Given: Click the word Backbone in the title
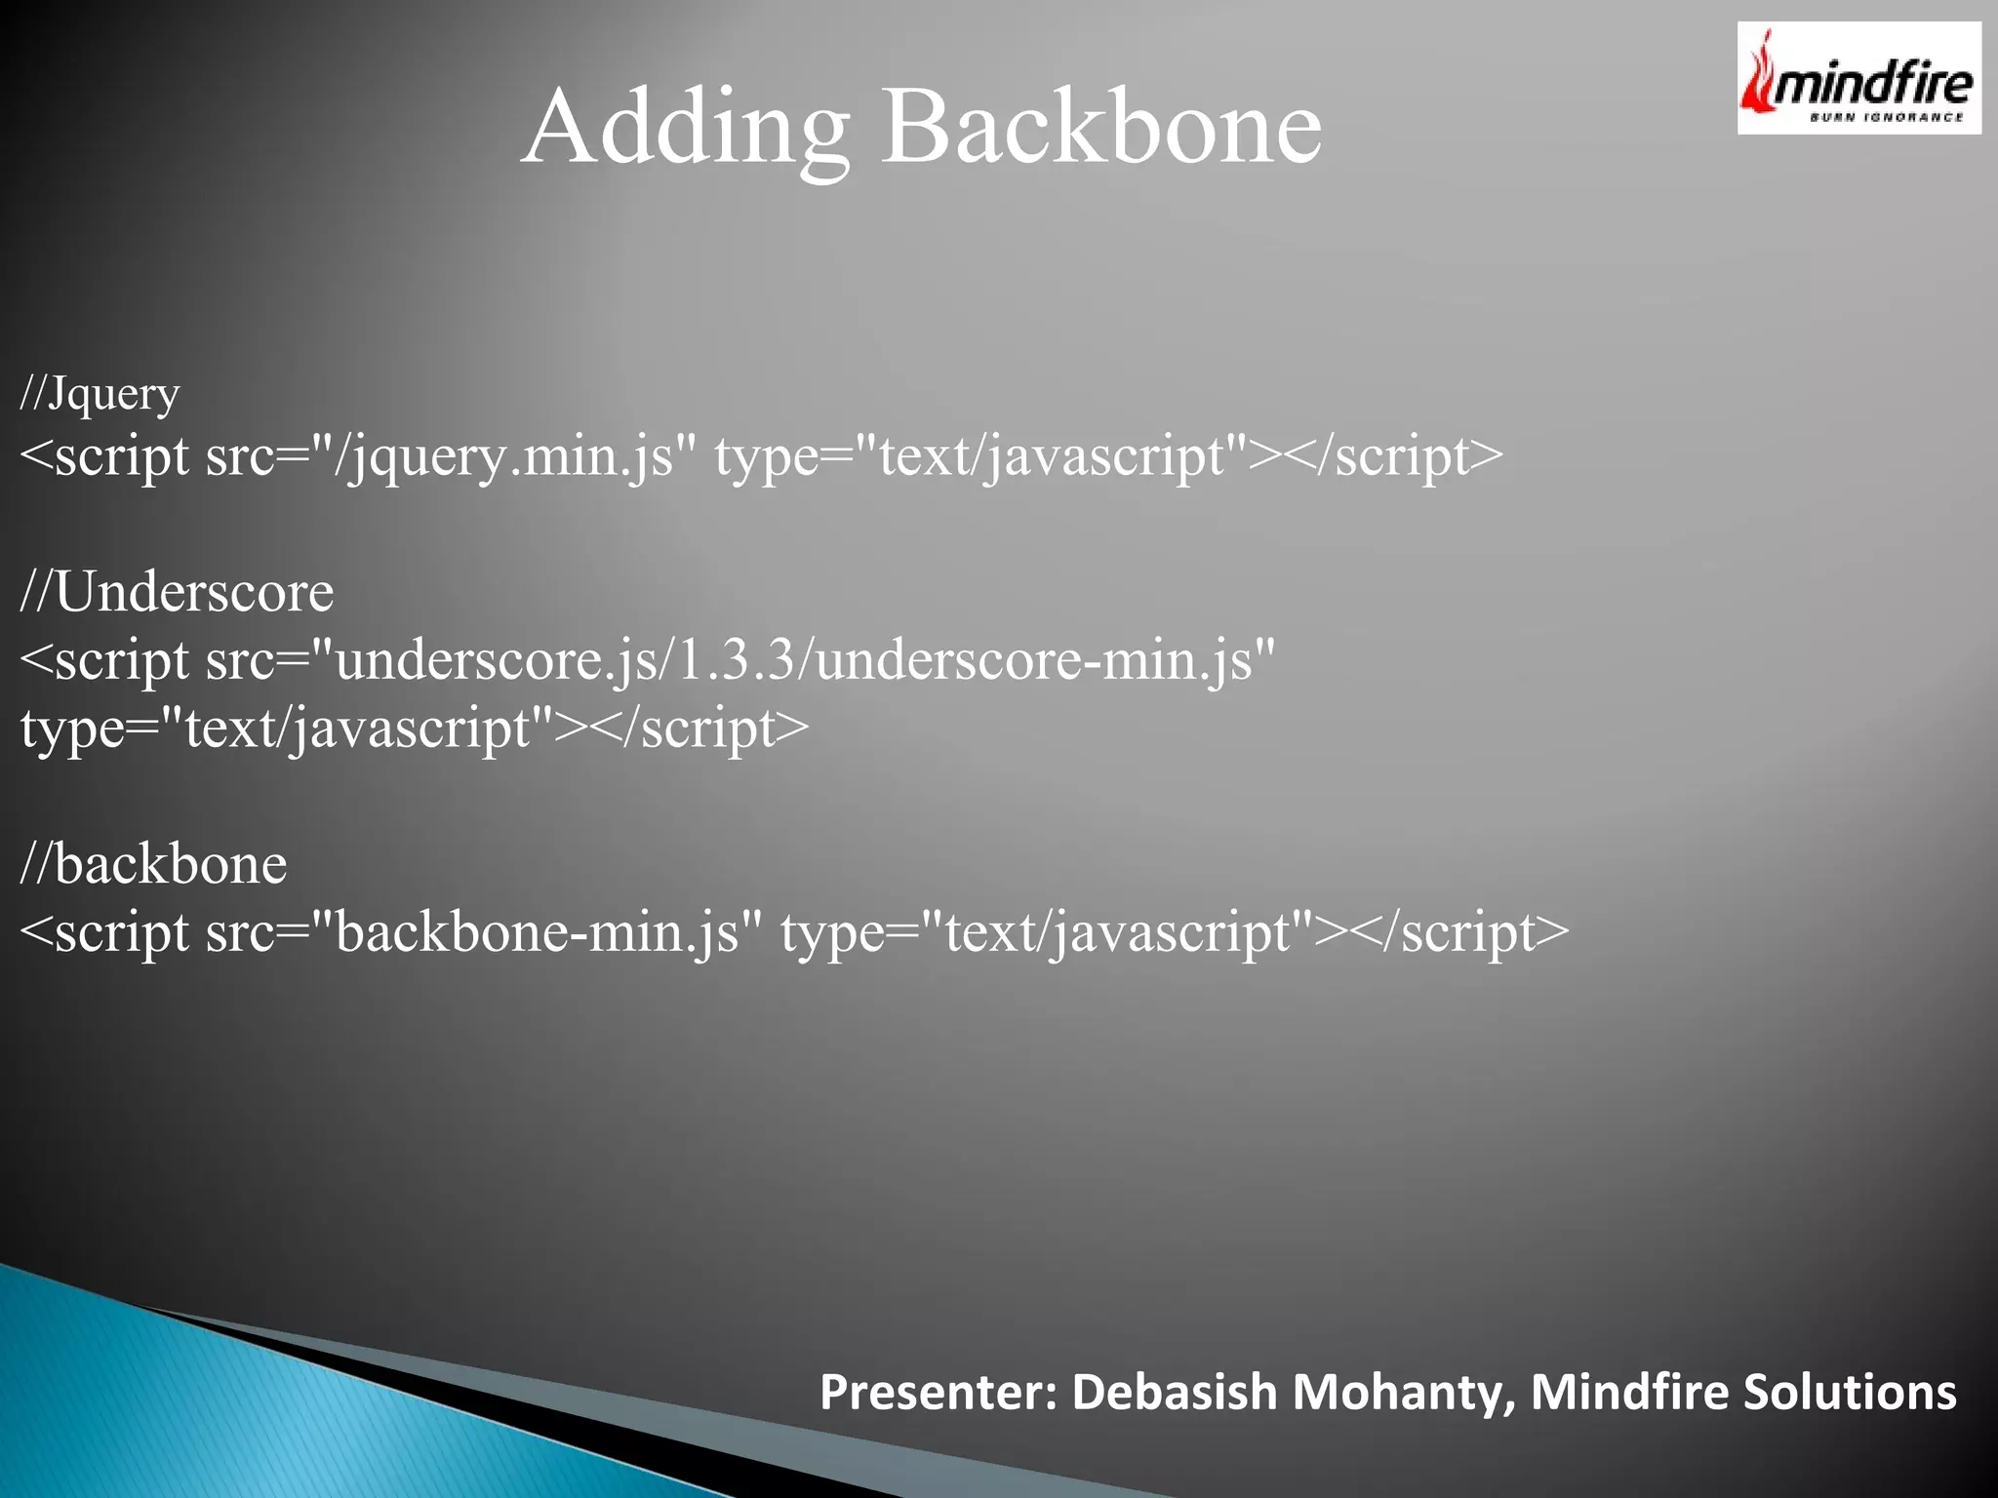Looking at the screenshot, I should coord(1101,127).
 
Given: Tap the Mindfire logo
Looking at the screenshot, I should coord(1858,78).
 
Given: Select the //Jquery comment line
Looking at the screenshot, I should coord(100,394).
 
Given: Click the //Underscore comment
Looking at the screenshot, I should coord(177,591).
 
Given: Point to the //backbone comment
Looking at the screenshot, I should coord(153,864).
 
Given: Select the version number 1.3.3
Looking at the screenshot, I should coord(735,660).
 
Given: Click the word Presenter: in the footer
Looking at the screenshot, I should coord(938,1392).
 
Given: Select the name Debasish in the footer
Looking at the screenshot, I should coord(1174,1392).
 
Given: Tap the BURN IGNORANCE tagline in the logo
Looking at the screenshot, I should coord(1886,118).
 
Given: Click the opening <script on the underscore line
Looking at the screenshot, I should coord(104,660).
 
